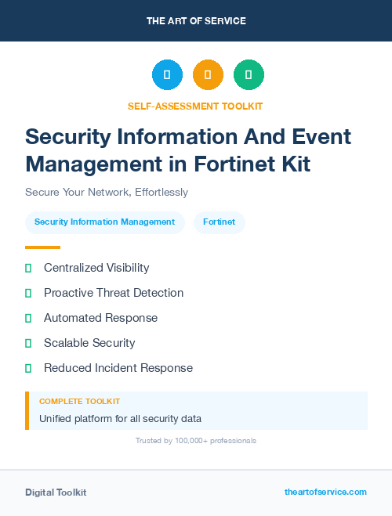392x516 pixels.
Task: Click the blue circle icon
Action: pos(167,74)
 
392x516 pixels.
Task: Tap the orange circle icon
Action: pos(208,74)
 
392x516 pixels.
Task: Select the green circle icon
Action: pos(249,74)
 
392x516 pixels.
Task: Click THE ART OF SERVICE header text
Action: pos(196,21)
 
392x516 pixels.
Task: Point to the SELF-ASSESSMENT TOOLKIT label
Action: pos(195,106)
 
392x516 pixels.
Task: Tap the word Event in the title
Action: pos(322,136)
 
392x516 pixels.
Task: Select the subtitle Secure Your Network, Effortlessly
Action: pos(107,192)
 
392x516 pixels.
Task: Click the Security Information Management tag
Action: pos(104,222)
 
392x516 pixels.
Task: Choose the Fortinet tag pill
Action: pos(219,222)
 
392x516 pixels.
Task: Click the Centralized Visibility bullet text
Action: pos(96,268)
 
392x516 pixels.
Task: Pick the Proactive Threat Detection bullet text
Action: pos(114,293)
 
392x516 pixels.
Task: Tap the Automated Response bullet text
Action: pos(100,318)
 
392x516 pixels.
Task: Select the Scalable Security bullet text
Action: pos(89,343)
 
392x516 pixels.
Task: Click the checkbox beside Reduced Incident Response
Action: pos(28,368)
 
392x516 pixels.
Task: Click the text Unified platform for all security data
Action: pos(120,418)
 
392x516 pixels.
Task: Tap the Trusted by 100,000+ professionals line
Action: pos(196,441)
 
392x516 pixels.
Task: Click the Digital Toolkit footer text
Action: pos(56,493)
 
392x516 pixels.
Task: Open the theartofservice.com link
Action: pos(325,492)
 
